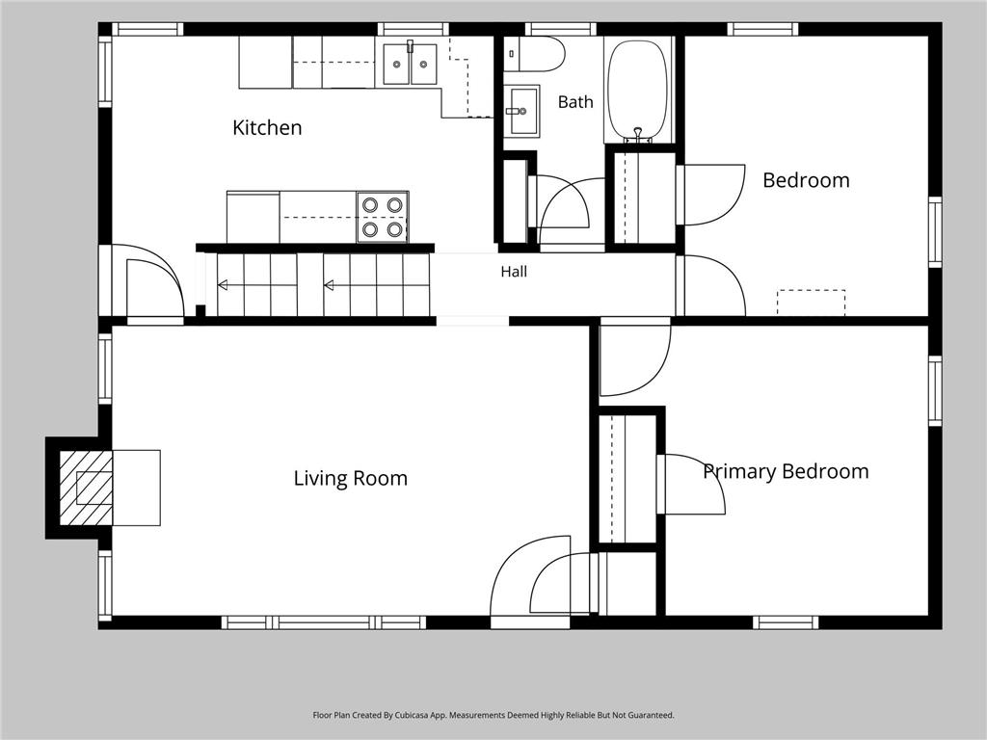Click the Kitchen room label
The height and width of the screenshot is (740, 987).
[267, 128]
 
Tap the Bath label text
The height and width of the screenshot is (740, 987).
[575, 102]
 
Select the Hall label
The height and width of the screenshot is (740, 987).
[514, 272]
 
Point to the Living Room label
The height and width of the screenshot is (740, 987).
[351, 478]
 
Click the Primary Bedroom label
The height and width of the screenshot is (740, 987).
[786, 471]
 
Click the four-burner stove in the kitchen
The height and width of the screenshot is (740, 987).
[383, 217]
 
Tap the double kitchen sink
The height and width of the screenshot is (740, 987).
[410, 64]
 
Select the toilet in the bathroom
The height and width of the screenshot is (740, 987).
[534, 55]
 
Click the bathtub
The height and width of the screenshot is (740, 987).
[638, 90]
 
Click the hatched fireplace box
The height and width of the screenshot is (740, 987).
[86, 488]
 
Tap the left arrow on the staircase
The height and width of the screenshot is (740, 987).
[256, 285]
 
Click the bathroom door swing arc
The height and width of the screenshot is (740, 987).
[565, 202]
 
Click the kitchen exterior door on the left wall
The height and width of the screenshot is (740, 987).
[155, 281]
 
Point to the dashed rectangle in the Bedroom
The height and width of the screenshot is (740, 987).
[811, 302]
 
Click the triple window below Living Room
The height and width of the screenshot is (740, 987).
[324, 622]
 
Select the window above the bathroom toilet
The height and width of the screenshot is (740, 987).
[561, 29]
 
